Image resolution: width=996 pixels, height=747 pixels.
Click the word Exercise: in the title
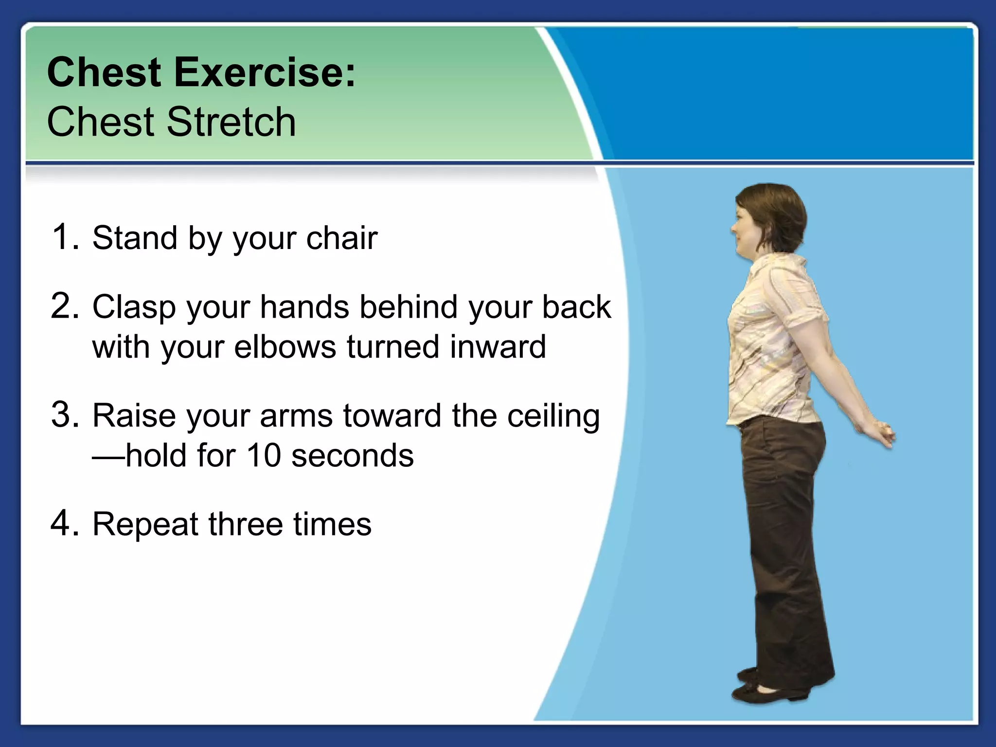[x=265, y=73]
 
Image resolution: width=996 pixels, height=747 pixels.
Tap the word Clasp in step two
[x=134, y=307]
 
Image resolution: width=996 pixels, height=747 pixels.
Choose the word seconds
[x=353, y=456]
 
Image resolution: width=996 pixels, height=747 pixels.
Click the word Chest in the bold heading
[x=104, y=73]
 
